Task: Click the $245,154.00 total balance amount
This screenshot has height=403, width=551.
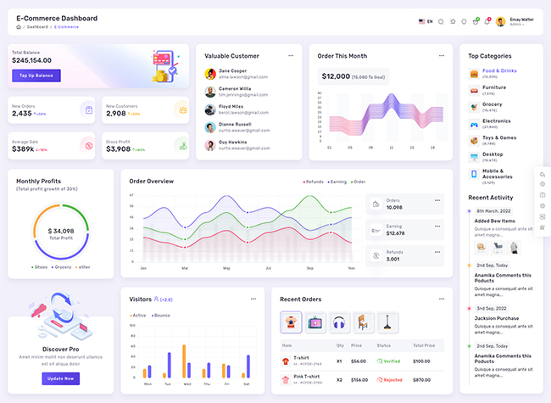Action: pos(31,60)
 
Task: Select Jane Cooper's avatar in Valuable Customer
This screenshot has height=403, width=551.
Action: pos(210,73)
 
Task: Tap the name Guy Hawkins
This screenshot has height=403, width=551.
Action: pos(232,142)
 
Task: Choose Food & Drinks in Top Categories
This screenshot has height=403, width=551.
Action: pos(499,70)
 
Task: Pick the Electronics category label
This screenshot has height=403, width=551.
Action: pos(497,121)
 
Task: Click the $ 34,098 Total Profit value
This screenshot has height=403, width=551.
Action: pos(61,231)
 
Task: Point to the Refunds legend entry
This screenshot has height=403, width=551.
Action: pos(314,182)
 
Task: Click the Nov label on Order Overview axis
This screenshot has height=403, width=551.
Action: pos(351,268)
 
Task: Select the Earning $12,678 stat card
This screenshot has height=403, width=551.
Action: pos(405,229)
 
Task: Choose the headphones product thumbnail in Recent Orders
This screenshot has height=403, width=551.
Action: pos(340,322)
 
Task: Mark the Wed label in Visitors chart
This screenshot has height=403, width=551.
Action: pos(185,384)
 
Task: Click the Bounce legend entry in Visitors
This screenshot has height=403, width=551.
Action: pos(160,316)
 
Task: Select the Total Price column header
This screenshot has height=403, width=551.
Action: pos(424,345)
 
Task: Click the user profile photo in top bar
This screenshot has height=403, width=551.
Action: pos(501,21)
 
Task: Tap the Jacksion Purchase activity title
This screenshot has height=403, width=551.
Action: pos(497,318)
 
